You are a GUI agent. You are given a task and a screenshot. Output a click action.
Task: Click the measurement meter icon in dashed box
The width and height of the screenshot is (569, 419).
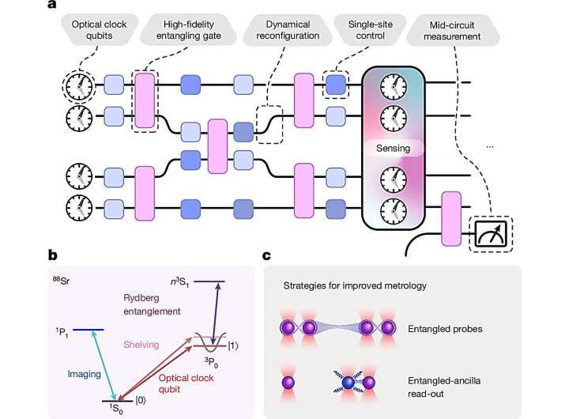[x=490, y=233]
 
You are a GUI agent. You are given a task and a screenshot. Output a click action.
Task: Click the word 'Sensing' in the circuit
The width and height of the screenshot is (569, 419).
[x=400, y=148]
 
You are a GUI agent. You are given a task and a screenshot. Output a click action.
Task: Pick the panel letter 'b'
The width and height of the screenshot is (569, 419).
[x=53, y=255]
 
